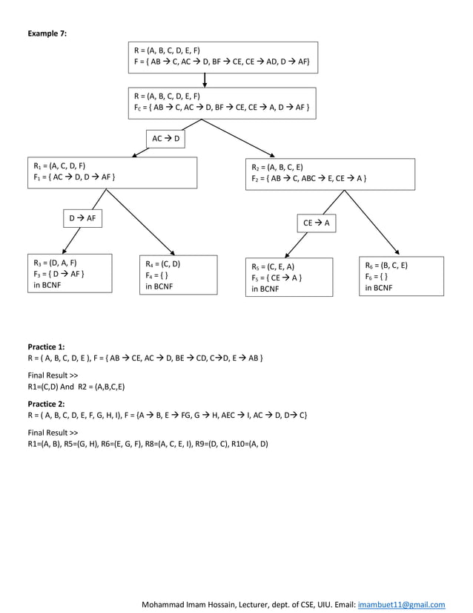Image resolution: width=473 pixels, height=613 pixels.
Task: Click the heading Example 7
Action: [x=47, y=33]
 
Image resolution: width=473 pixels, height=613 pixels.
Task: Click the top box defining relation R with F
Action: [x=223, y=57]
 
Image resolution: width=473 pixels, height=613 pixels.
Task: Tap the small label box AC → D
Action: [x=165, y=139]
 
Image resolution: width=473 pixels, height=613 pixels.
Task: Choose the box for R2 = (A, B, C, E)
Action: [x=329, y=173]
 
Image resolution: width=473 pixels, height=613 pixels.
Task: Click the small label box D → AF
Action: [x=82, y=218]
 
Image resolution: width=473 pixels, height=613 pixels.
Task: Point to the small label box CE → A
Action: [x=317, y=223]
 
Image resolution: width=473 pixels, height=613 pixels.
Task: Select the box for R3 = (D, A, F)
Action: [x=69, y=274]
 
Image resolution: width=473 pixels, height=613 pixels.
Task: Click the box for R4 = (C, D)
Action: [x=178, y=275]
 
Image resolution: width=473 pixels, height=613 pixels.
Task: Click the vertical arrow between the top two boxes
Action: [x=205, y=80]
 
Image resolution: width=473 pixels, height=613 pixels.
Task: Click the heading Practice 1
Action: [x=46, y=347]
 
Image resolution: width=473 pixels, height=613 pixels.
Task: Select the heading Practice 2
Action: [x=46, y=404]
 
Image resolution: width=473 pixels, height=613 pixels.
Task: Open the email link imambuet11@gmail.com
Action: [x=401, y=604]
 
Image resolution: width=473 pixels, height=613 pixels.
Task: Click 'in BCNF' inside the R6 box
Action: [x=380, y=287]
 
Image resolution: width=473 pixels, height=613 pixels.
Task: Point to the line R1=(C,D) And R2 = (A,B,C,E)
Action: [x=76, y=386]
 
